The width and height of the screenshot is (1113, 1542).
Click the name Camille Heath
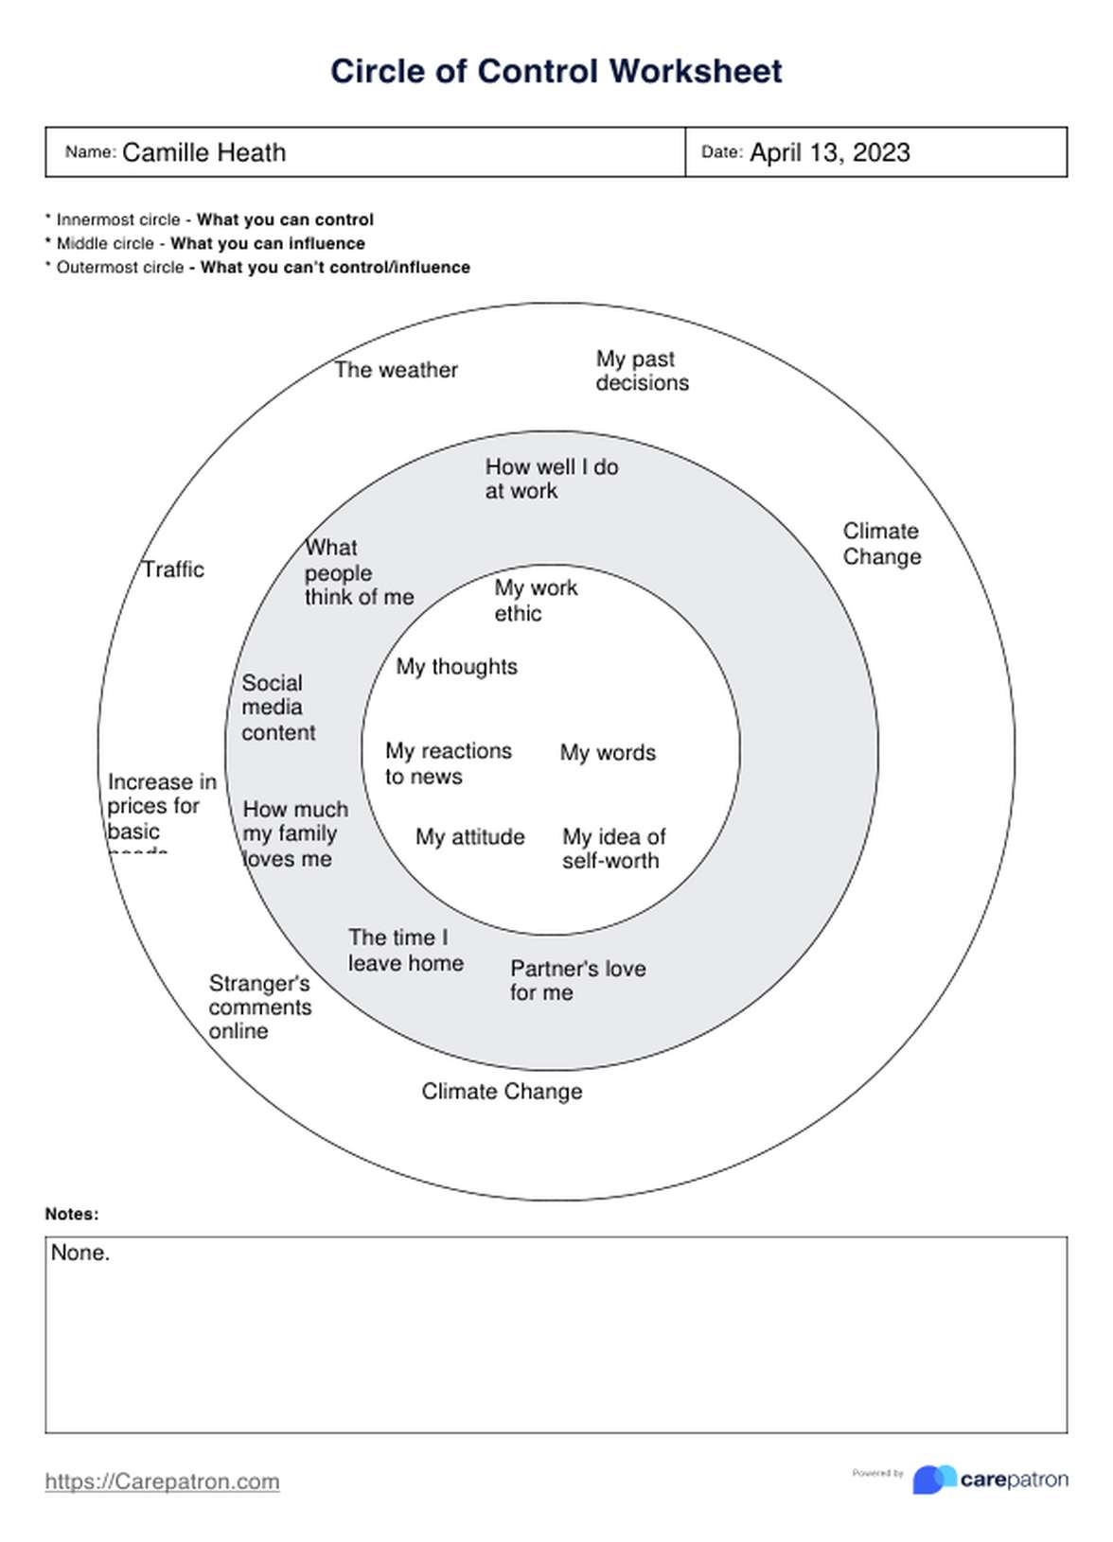tap(203, 152)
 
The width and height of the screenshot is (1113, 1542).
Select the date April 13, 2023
tap(829, 152)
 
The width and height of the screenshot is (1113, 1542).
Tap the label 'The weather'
tap(396, 370)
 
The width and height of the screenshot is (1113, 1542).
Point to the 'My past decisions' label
tap(642, 371)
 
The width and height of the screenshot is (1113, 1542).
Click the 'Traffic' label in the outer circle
tap(173, 569)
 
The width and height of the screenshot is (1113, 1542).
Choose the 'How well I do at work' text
tap(551, 479)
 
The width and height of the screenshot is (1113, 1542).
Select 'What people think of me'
tap(358, 572)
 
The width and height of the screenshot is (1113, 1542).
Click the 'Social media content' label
tap(277, 708)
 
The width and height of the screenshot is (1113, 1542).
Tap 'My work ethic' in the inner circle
tap(535, 601)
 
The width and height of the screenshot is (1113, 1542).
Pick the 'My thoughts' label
tap(456, 667)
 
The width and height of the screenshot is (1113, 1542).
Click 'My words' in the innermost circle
tap(608, 753)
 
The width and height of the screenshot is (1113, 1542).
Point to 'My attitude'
tap(469, 837)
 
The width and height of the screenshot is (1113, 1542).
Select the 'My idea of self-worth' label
tap(613, 849)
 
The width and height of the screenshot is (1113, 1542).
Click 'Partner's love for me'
tap(577, 980)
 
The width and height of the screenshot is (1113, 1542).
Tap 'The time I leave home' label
tap(405, 950)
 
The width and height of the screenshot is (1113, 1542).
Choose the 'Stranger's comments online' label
tap(259, 1008)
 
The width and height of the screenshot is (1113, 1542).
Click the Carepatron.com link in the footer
tap(162, 1481)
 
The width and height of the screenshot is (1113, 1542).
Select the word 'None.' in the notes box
tap(80, 1253)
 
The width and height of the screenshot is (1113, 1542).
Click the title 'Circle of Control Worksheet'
tap(556, 71)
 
